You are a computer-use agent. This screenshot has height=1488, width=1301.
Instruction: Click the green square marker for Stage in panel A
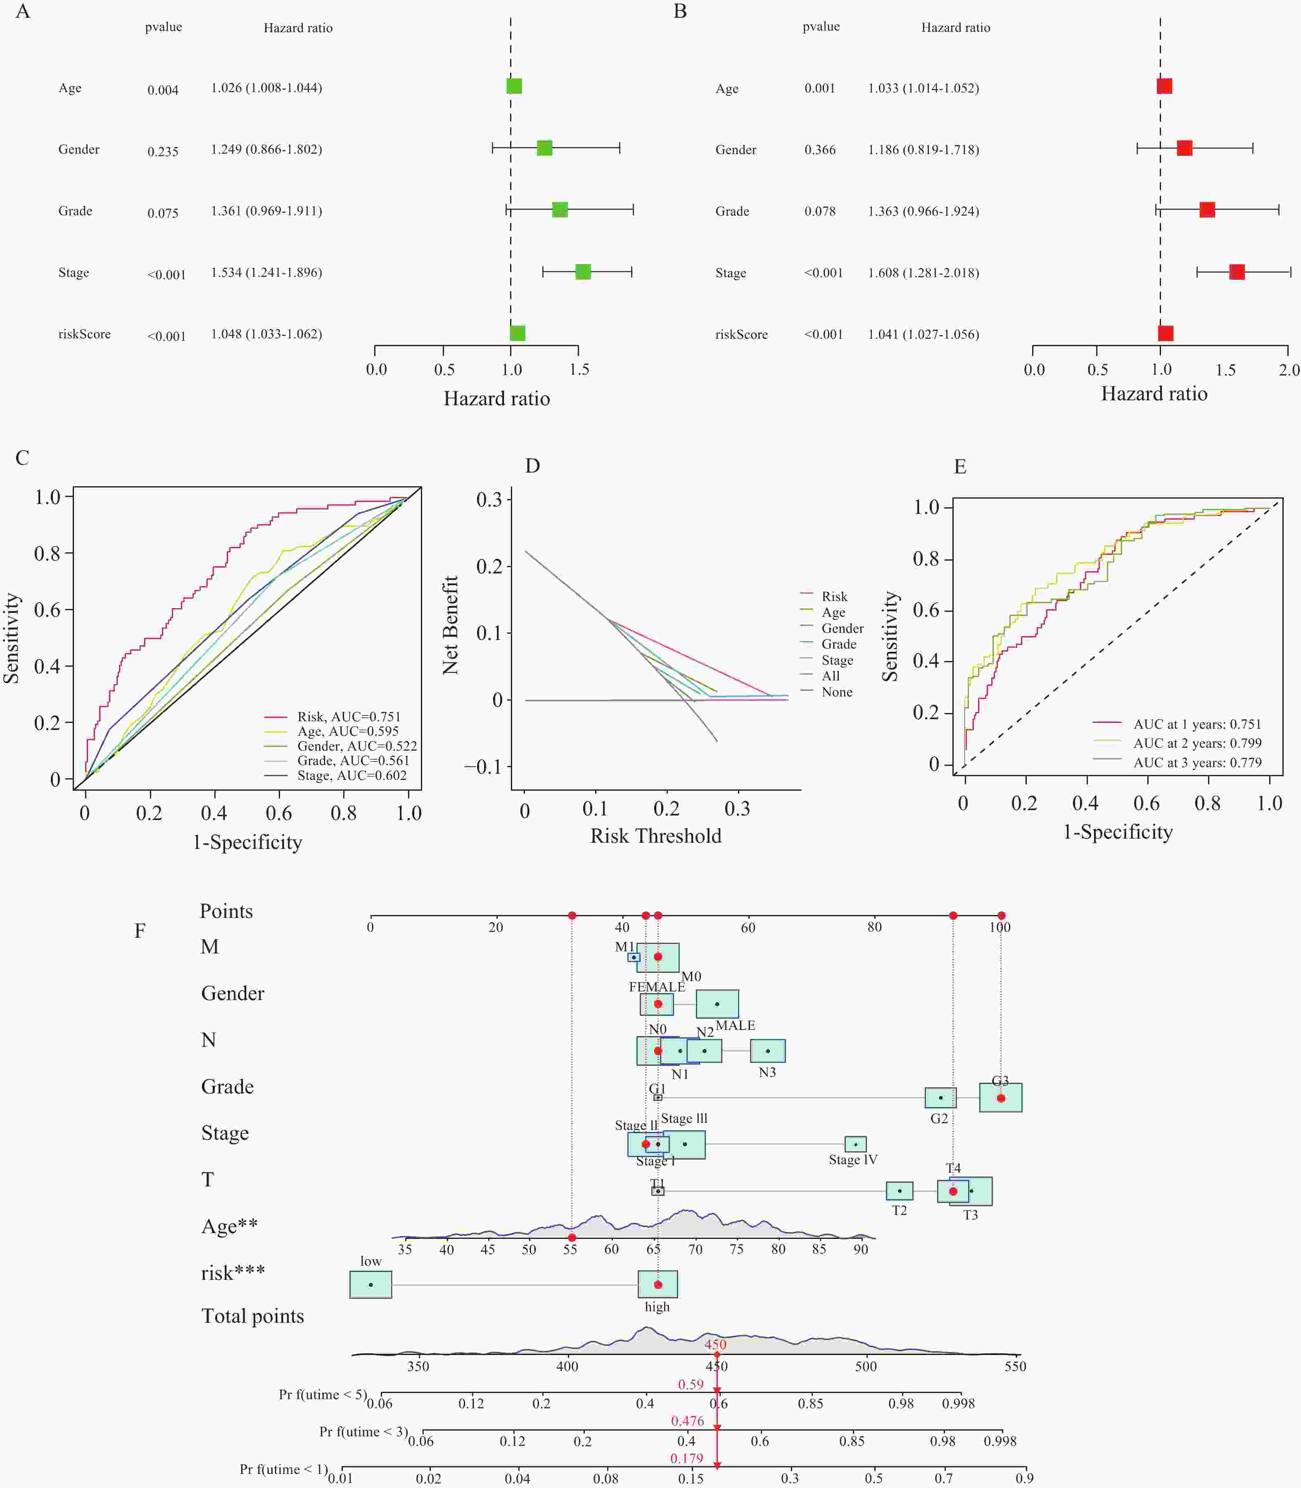point(582,271)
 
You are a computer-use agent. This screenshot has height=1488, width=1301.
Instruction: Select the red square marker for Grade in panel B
point(1206,210)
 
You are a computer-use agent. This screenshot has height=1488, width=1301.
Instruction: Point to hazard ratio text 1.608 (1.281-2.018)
point(924,272)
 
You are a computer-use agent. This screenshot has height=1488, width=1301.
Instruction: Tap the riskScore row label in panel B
point(741,334)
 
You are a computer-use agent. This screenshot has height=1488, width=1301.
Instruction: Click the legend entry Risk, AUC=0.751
point(349,717)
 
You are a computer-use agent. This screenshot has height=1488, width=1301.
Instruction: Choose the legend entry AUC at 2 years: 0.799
point(1197,743)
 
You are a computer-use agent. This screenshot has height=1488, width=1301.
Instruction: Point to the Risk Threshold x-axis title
point(655,836)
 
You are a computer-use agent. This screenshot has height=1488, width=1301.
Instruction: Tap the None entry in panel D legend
point(836,692)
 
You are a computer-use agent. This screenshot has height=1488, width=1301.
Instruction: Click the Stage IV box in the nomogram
point(855,1144)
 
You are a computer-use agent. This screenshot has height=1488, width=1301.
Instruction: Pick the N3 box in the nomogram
point(767,1051)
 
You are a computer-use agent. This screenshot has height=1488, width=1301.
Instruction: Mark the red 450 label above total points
point(715,1344)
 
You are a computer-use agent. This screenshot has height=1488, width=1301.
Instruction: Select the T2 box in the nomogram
point(900,1191)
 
